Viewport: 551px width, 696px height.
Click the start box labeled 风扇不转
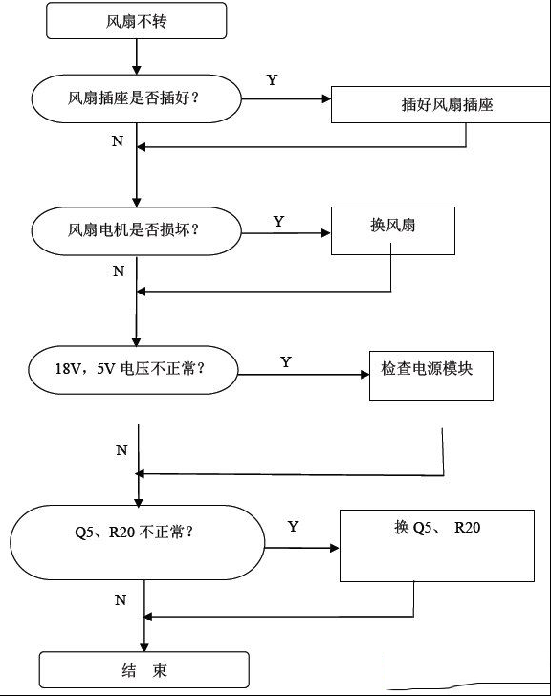pyautogui.click(x=136, y=21)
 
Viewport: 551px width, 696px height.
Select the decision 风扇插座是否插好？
pyautogui.click(x=136, y=98)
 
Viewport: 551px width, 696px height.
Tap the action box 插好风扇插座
pyautogui.click(x=441, y=105)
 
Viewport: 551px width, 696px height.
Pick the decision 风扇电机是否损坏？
pyautogui.click(x=136, y=230)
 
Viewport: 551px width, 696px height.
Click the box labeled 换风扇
pyautogui.click(x=393, y=230)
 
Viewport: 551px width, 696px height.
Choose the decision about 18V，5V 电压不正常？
pyautogui.click(x=133, y=370)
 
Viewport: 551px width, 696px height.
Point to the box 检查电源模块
pyautogui.click(x=431, y=376)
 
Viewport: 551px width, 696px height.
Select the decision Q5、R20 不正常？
pyautogui.click(x=138, y=542)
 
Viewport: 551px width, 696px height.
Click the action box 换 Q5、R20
pyautogui.click(x=437, y=546)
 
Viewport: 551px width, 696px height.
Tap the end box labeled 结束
pyautogui.click(x=144, y=670)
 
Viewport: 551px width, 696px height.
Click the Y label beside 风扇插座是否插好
pyautogui.click(x=272, y=80)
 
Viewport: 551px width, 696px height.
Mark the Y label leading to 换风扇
pyautogui.click(x=278, y=221)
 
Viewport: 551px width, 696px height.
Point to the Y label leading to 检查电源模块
pyautogui.click(x=286, y=361)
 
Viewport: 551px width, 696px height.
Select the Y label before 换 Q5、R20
pyautogui.click(x=293, y=527)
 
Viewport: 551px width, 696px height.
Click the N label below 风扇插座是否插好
pyautogui.click(x=118, y=141)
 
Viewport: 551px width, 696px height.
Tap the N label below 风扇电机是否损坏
pyautogui.click(x=119, y=271)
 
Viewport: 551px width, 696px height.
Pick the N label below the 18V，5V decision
pyautogui.click(x=121, y=449)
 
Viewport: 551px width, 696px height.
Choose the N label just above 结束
pyautogui.click(x=121, y=600)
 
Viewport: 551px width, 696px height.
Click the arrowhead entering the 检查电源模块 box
pyautogui.click(x=365, y=375)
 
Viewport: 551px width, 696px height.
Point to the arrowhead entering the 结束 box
pyautogui.click(x=144, y=647)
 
